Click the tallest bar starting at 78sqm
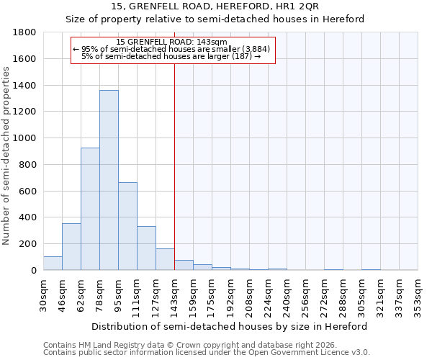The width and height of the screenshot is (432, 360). point(109,180)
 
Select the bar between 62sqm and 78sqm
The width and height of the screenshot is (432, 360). point(90,209)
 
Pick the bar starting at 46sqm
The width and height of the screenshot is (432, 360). point(71,247)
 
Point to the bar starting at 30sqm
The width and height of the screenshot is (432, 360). point(53,264)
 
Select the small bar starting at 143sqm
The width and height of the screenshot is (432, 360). point(184,265)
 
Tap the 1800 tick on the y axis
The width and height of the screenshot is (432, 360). point(26,32)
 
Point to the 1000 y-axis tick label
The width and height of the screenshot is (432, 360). point(26,138)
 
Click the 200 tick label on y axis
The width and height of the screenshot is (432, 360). point(29,244)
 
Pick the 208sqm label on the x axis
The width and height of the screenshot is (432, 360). point(249,294)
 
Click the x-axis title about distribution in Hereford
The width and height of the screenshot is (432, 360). point(230,326)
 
